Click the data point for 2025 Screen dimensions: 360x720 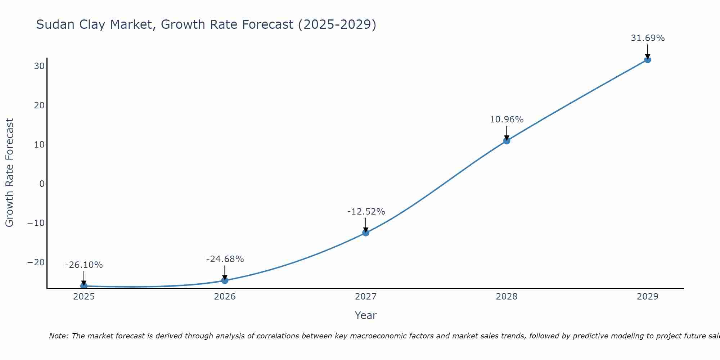tap(84, 286)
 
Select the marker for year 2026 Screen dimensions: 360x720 tap(225, 280)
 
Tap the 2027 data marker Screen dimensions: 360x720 tap(366, 233)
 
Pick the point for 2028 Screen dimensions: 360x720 tap(507, 141)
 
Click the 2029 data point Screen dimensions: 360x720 tap(647, 59)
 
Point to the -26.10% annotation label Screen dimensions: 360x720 tap(84, 265)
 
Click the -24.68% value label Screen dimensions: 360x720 tap(225, 259)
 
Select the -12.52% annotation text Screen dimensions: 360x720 tap(366, 212)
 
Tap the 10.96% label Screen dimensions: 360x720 tap(507, 120)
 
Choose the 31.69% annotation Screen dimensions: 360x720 tap(648, 38)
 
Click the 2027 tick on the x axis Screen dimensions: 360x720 tap(366, 297)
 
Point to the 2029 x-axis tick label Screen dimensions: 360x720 tap(647, 297)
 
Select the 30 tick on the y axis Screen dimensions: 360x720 tap(39, 66)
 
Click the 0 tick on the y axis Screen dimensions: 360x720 tap(42, 184)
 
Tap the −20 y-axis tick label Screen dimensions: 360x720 tap(36, 262)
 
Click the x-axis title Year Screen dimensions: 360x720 tap(365, 315)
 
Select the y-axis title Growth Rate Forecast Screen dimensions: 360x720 tap(10, 173)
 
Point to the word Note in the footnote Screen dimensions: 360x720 tap(58, 336)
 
